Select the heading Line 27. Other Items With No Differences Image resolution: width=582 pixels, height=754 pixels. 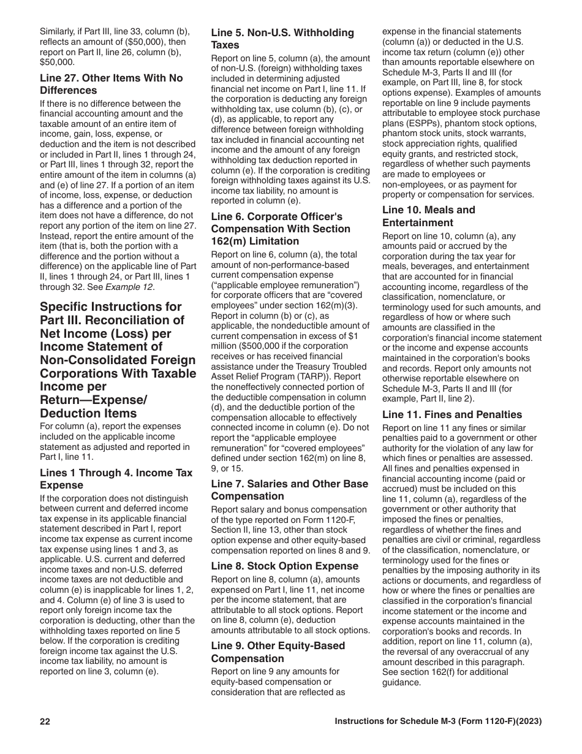111,85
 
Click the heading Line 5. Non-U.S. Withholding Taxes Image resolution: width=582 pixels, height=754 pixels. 282,39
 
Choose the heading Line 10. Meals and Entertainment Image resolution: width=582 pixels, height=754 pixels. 428,216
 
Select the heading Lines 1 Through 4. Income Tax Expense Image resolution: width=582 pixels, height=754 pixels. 116,479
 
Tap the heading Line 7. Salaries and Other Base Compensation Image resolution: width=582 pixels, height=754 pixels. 290,490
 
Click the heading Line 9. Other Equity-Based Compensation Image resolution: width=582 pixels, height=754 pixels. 278,652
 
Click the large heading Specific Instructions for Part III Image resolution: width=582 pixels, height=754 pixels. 118,360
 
